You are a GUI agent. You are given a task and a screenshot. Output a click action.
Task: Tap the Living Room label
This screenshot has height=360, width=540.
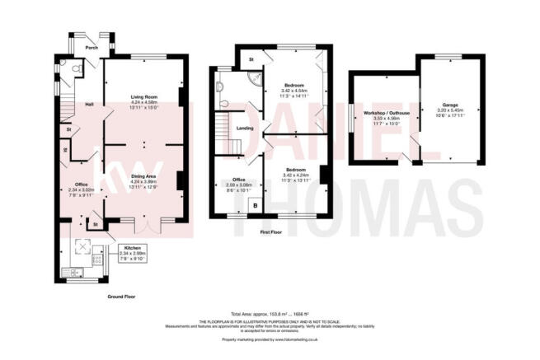point(145,97)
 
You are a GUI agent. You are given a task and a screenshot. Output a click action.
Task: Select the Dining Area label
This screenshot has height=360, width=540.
point(145,176)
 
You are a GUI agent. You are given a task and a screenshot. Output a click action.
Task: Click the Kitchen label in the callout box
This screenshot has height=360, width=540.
point(134,247)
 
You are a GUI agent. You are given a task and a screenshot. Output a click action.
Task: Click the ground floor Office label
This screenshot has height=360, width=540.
point(82,184)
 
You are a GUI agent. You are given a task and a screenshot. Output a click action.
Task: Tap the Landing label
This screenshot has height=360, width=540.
point(244,128)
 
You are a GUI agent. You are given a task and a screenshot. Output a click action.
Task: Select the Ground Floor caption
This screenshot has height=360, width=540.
point(121,295)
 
